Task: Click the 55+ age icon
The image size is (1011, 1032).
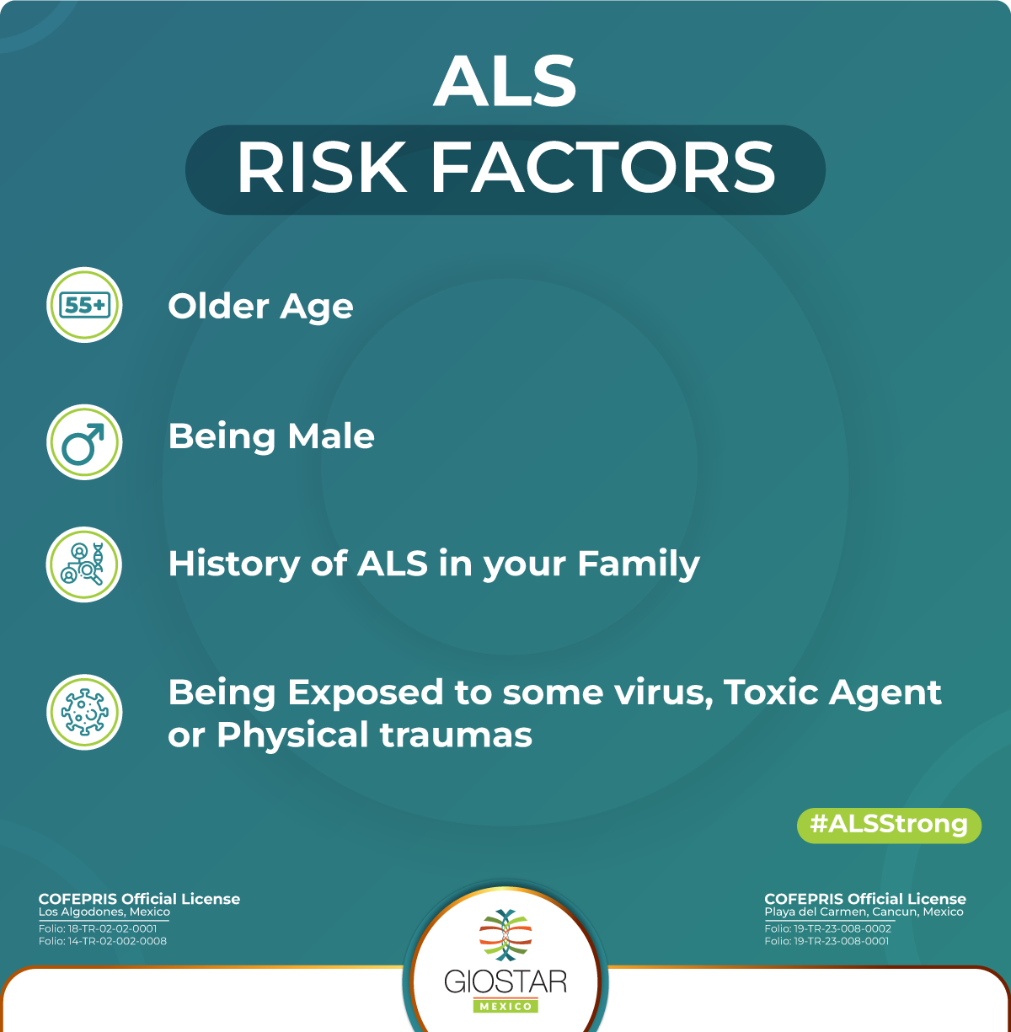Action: click(x=84, y=305)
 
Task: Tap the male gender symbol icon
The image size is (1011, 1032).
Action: click(x=84, y=442)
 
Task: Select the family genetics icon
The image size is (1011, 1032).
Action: click(x=84, y=564)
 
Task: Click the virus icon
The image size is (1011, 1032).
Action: click(x=84, y=712)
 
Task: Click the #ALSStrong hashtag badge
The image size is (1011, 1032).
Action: click(x=889, y=824)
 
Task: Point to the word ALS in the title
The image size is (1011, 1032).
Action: click(x=505, y=82)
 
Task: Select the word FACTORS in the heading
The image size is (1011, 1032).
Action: click(x=602, y=168)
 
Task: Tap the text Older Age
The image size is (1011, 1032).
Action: click(x=260, y=307)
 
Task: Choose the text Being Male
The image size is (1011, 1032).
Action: click(x=271, y=436)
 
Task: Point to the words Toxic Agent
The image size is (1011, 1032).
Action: click(x=832, y=692)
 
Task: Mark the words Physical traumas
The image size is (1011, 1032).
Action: click(x=374, y=735)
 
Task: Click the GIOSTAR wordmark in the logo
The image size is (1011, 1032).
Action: click(x=505, y=981)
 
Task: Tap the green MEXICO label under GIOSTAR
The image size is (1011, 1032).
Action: click(x=505, y=1006)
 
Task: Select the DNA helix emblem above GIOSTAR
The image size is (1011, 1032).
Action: click(x=505, y=937)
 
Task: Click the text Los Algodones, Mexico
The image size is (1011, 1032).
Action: click(x=104, y=912)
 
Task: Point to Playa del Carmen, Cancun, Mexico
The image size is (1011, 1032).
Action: click(x=864, y=912)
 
